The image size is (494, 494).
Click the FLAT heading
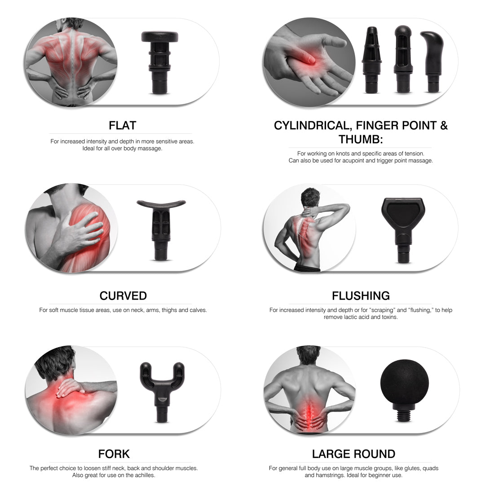[x=122, y=125]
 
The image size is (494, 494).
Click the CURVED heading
[x=123, y=296]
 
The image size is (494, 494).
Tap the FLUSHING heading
[x=361, y=296]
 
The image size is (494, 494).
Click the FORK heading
[x=114, y=454]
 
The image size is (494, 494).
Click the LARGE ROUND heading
[x=353, y=454]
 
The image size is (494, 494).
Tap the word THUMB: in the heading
[x=361, y=139]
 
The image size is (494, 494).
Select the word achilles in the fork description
[x=144, y=475]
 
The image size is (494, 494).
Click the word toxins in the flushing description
[x=388, y=317]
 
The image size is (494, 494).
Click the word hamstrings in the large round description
[x=329, y=475]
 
